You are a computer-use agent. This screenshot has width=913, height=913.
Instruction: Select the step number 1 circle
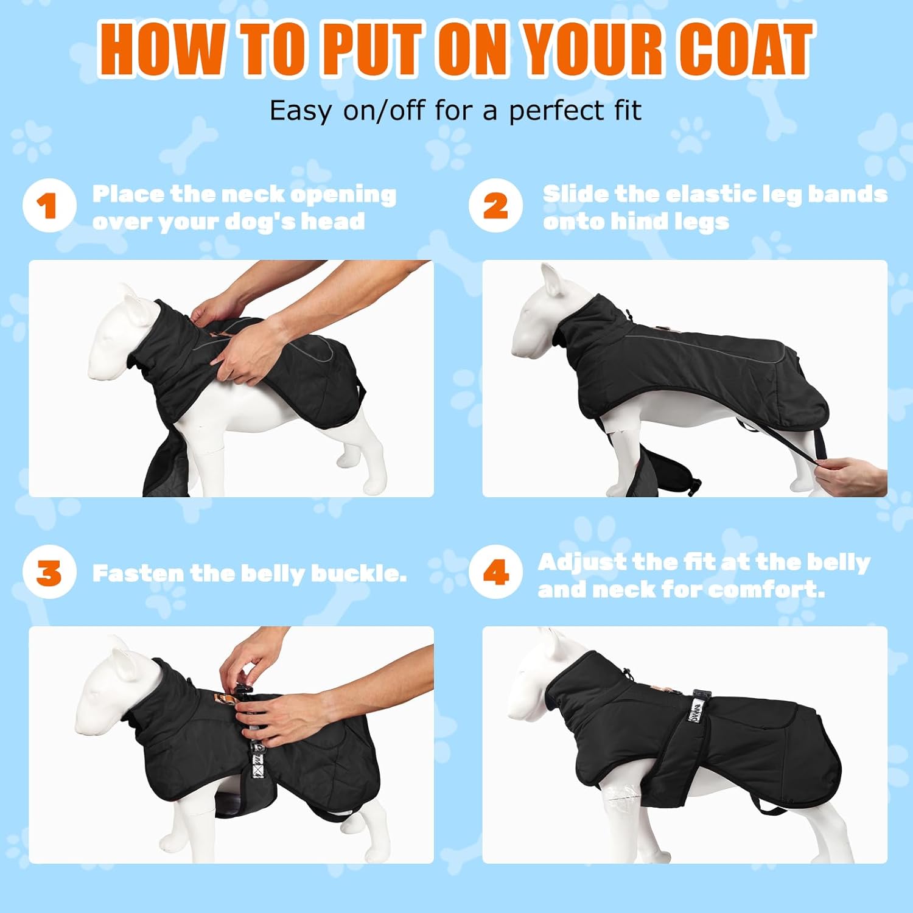49,206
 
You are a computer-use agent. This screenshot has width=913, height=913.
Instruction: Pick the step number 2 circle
496,206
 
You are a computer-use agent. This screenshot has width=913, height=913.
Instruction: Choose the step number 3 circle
49,572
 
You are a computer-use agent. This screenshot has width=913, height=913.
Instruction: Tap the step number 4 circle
496,572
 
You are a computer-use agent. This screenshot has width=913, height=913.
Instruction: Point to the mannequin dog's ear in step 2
551,280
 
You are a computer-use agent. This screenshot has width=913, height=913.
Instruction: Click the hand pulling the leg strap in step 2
850,476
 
